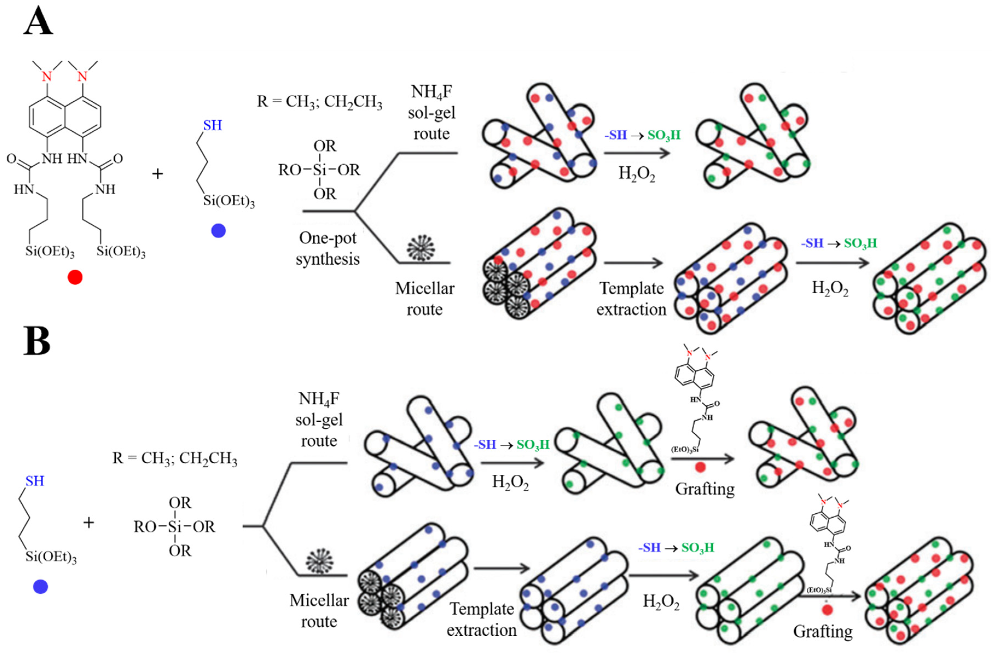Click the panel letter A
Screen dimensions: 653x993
point(38,21)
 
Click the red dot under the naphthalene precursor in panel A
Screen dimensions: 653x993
point(75,277)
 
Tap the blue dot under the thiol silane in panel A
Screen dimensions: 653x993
point(218,230)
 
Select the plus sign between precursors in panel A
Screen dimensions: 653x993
point(157,173)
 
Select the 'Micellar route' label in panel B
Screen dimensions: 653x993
point(319,610)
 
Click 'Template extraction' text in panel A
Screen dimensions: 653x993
point(631,299)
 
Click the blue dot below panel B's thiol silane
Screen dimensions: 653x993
point(40,587)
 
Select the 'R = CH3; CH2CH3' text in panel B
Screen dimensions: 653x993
point(175,458)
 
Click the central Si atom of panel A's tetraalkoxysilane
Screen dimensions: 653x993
point(320,170)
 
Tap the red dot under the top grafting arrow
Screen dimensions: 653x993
point(700,467)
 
